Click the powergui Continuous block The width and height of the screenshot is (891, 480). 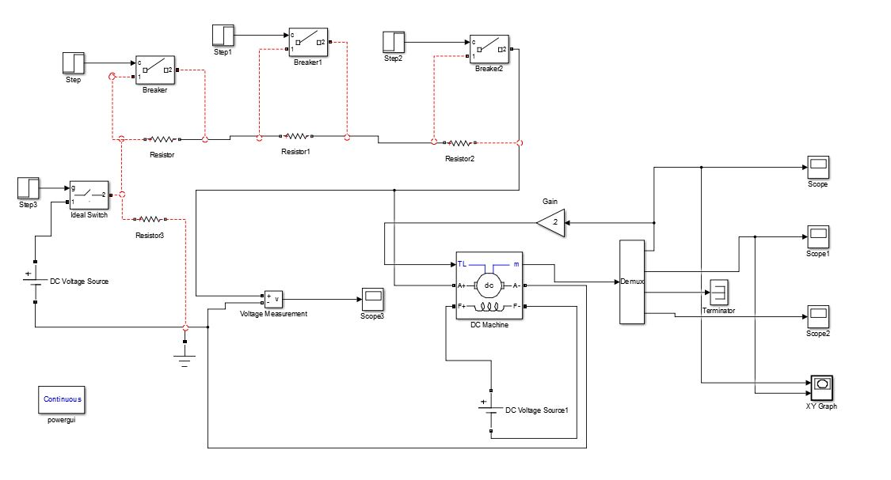(63, 400)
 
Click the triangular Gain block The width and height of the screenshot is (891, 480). (552, 223)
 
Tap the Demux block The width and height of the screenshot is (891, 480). (632, 282)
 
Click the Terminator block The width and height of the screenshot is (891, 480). (719, 293)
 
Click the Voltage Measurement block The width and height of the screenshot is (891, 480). (273, 300)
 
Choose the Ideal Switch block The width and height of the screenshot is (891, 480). (89, 194)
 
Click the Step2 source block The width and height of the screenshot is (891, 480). (394, 42)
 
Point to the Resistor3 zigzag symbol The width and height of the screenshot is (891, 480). (150, 218)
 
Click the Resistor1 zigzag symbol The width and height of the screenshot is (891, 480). (295, 136)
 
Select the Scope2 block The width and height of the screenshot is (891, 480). (817, 316)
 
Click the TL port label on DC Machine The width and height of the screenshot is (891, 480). (463, 263)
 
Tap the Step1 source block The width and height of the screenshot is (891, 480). (223, 36)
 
